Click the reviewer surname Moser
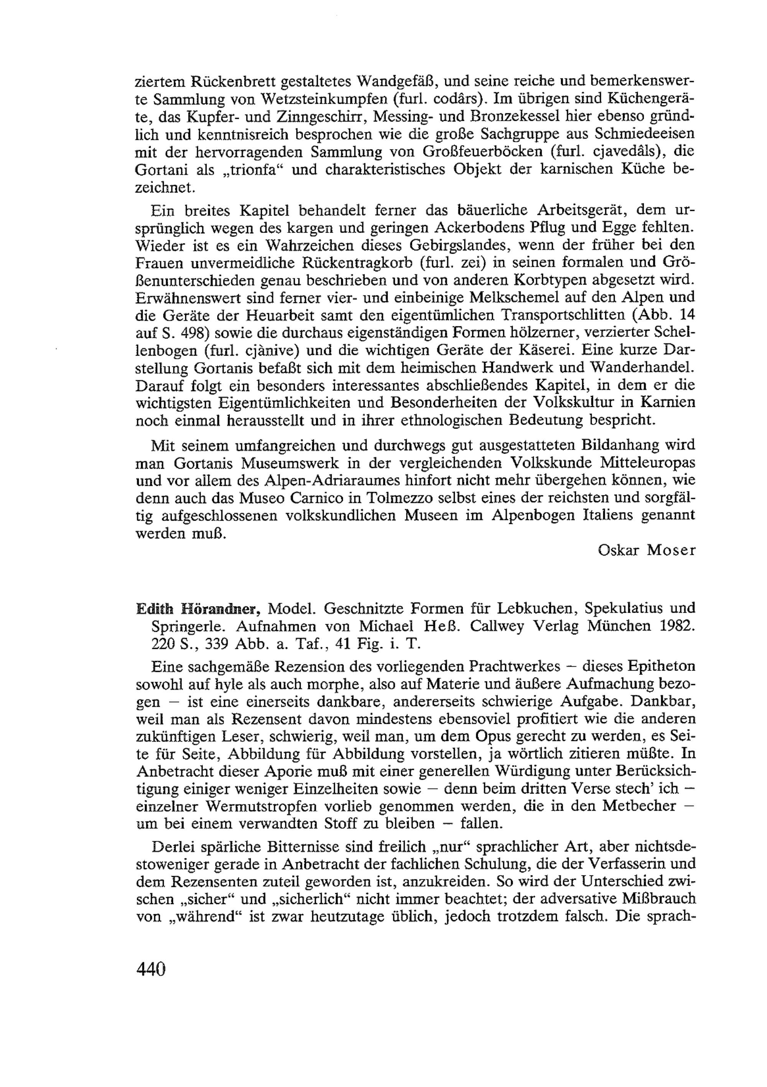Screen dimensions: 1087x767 (671, 550)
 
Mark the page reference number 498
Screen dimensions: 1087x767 (189, 333)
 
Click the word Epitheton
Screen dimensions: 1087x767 (662, 667)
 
